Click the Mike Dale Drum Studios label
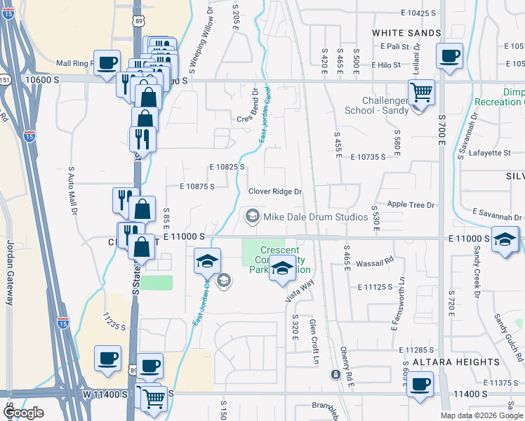(x=315, y=217)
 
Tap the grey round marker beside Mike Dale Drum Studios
(x=252, y=216)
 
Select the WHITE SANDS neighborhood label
(x=406, y=33)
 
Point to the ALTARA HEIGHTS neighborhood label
(x=456, y=362)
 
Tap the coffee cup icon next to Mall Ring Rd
(x=107, y=64)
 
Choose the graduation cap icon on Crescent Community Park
(x=282, y=269)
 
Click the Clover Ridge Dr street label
(x=275, y=192)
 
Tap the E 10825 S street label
(x=227, y=167)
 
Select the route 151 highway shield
(x=4, y=79)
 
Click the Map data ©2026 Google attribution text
(x=482, y=415)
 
